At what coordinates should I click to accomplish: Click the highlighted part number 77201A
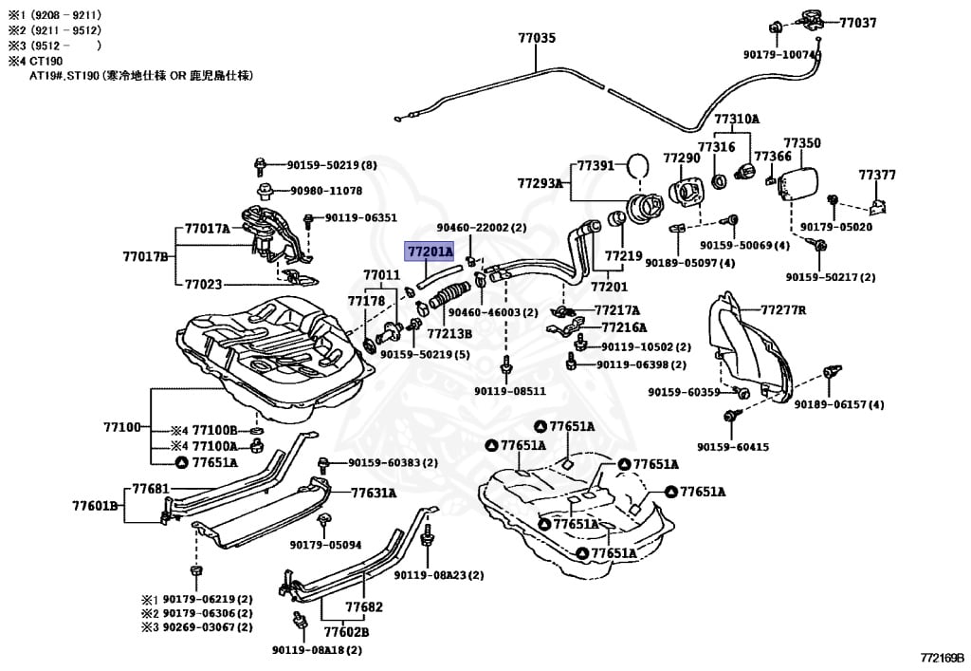(430, 252)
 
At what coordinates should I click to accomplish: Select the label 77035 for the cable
(537, 39)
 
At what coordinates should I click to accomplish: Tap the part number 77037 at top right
(857, 22)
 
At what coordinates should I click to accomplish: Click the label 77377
(877, 175)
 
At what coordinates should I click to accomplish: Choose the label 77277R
(783, 309)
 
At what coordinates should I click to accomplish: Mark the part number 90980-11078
(326, 191)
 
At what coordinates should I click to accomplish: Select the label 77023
(204, 283)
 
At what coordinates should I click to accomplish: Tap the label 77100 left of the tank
(122, 427)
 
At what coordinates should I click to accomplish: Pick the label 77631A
(374, 493)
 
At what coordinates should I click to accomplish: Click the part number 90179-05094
(325, 545)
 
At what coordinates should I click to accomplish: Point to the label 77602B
(346, 632)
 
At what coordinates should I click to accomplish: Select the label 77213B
(449, 334)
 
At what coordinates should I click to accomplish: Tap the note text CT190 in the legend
(45, 60)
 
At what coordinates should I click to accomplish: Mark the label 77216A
(621, 326)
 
